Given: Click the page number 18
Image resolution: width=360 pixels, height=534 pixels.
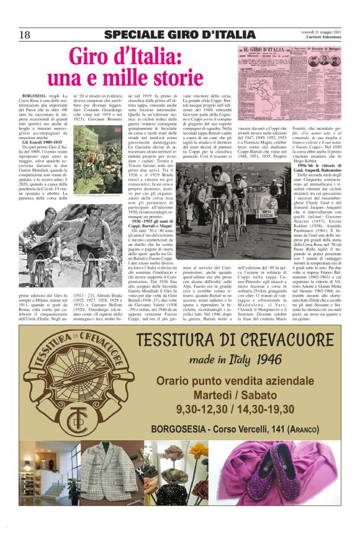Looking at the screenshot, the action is point(24,35).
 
